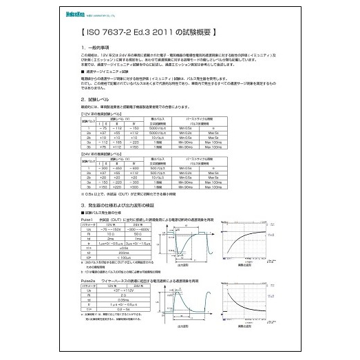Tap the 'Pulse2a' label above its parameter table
tap(89, 281)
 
